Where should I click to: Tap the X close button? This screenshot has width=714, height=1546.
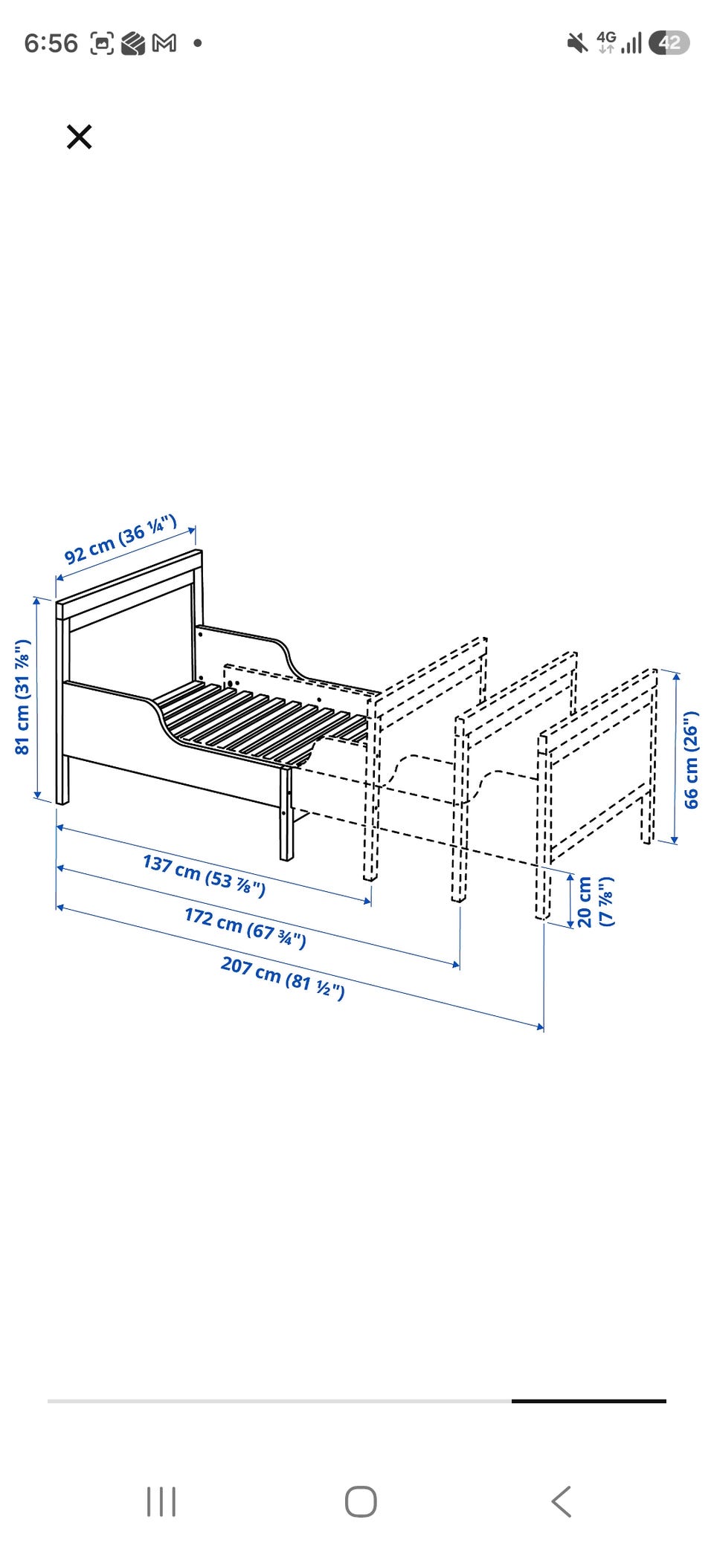[79, 137]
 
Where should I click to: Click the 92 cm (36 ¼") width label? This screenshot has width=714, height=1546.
[120, 539]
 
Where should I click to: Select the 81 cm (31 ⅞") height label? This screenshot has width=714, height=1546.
[22, 696]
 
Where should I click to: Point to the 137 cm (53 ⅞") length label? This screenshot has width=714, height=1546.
[204, 875]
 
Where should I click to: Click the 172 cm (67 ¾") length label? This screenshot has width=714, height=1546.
[245, 928]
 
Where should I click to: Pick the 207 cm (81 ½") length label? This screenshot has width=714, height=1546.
[283, 977]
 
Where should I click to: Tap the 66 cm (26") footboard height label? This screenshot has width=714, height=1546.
[691, 760]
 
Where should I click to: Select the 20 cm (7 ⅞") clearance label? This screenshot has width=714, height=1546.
[595, 902]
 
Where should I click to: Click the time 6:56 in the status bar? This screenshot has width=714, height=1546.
[51, 43]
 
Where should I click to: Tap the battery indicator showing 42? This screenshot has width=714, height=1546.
[669, 43]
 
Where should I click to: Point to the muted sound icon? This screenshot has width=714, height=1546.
[577, 43]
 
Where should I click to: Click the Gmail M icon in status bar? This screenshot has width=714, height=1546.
[164, 44]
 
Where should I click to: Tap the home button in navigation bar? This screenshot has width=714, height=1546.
[361, 1501]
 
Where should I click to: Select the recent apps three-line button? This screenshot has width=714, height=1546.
[161, 1501]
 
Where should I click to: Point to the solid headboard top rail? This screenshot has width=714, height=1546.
[129, 585]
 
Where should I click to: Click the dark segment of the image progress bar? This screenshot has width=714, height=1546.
[589, 1401]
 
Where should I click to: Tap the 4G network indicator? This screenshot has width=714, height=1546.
[606, 42]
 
